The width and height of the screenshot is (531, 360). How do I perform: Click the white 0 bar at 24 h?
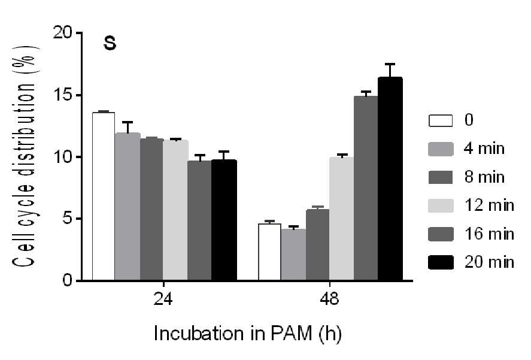(x=104, y=196)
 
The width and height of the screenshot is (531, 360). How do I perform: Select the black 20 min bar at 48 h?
(x=390, y=179)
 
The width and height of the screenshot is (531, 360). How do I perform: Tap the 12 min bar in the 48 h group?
(x=341, y=219)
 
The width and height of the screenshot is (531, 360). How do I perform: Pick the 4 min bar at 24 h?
(x=128, y=207)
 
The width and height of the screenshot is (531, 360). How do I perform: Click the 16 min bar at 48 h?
(x=366, y=188)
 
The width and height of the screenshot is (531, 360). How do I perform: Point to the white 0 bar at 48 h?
(x=269, y=252)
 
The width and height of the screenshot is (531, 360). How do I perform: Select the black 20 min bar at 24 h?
(x=224, y=220)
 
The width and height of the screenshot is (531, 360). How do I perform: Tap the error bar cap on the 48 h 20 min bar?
(x=390, y=63)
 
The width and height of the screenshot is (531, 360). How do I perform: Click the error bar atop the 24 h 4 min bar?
(x=128, y=127)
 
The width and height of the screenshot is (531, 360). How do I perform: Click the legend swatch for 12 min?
(x=441, y=206)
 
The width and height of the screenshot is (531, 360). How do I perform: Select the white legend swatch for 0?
(x=441, y=120)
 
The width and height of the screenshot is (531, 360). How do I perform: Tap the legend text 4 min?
(x=484, y=149)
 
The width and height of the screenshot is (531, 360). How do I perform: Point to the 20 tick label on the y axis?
(x=63, y=33)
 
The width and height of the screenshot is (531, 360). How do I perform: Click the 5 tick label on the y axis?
(x=68, y=219)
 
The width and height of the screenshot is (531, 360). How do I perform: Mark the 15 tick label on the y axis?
(x=63, y=95)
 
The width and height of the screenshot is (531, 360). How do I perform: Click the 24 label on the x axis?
(x=163, y=299)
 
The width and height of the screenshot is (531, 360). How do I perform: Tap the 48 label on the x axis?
(x=329, y=299)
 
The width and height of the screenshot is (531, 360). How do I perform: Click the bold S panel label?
(x=110, y=43)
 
